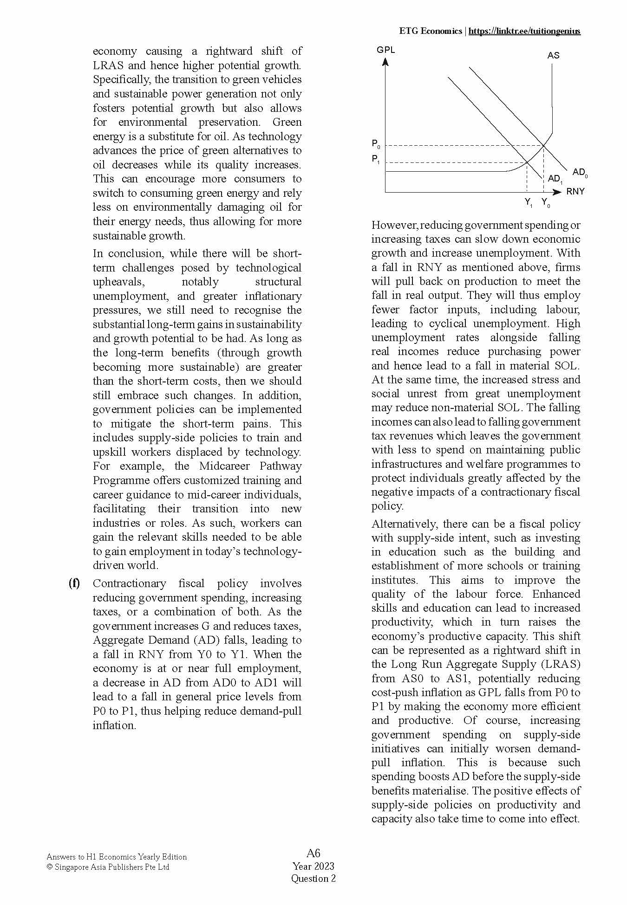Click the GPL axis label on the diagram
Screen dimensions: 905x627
click(x=385, y=50)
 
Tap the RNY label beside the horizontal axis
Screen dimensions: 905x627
click(x=575, y=192)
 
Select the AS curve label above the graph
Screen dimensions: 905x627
click(x=553, y=55)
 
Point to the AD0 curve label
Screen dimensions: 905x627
click(x=580, y=173)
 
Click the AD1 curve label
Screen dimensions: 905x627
click(x=555, y=179)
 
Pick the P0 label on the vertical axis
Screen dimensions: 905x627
click(x=376, y=144)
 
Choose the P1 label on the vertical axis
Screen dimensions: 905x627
click(x=376, y=159)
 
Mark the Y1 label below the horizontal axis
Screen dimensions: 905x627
click(x=529, y=202)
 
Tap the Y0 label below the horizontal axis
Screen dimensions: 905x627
click(x=545, y=202)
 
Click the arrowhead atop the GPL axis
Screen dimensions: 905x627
click(x=385, y=61)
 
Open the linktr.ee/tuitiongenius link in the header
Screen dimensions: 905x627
click(x=524, y=31)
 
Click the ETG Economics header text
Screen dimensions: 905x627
click(x=430, y=31)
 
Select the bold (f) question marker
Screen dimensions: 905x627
click(x=74, y=583)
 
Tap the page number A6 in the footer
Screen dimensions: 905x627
click(x=313, y=853)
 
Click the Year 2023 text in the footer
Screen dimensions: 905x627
click(x=313, y=866)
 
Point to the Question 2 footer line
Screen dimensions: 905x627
click(x=313, y=878)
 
